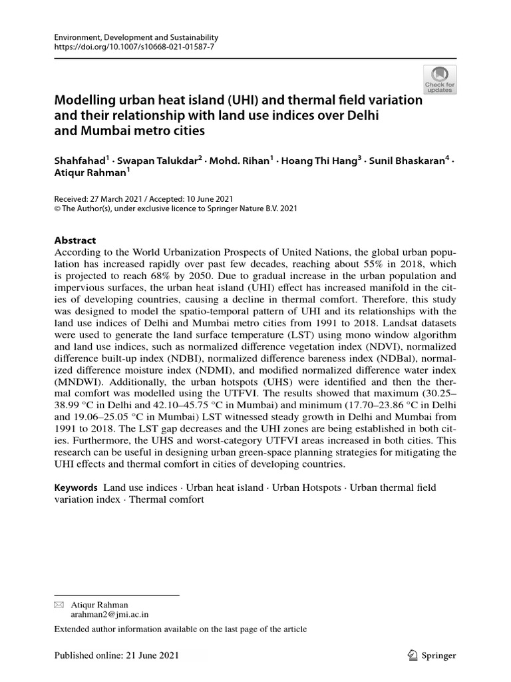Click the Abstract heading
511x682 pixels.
click(x=75, y=240)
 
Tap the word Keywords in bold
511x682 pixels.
click(x=76, y=488)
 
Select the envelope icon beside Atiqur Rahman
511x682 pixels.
click(x=59, y=604)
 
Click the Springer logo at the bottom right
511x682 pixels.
click(x=431, y=655)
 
